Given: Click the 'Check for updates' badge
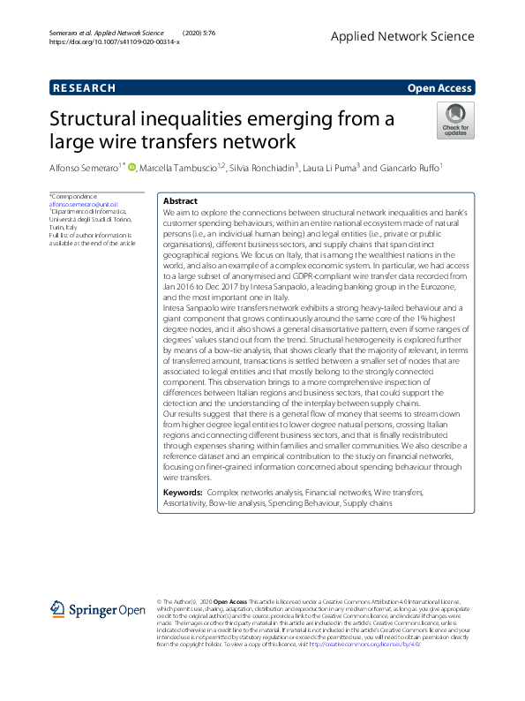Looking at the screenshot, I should pyautogui.click(x=454, y=120).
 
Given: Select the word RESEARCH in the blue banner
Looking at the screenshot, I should pyautogui.click(x=84, y=88).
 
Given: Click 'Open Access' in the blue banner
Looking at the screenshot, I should pyautogui.click(x=440, y=88).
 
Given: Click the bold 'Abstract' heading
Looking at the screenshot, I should pyautogui.click(x=181, y=201).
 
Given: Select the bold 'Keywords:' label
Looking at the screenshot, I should pyautogui.click(x=185, y=491).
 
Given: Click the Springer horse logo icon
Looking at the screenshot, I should pyautogui.click(x=59, y=609).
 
